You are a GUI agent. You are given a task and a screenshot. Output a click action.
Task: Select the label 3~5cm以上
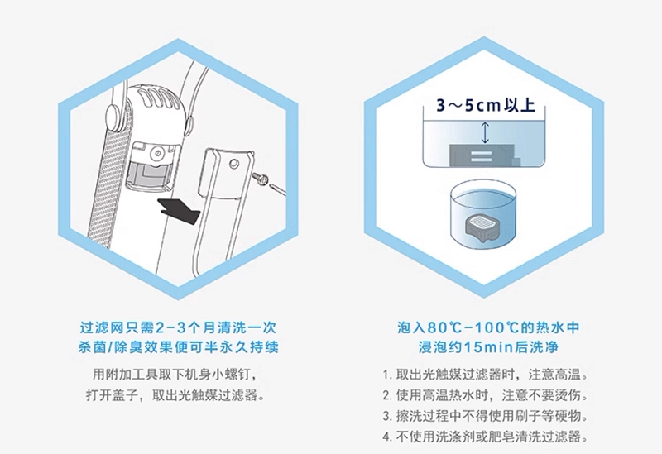(485, 105)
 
